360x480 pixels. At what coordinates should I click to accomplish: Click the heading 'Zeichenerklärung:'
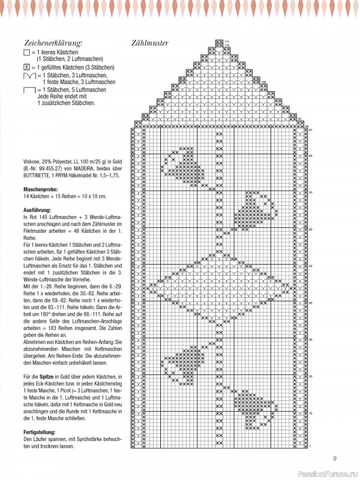[53, 43]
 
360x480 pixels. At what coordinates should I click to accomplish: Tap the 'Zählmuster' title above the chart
[149, 43]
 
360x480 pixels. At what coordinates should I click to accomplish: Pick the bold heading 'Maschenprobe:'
[40, 190]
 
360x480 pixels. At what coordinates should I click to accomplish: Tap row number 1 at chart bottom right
[310, 446]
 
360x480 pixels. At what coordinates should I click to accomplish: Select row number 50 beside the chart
[310, 266]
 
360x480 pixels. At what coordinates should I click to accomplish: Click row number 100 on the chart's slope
[265, 83]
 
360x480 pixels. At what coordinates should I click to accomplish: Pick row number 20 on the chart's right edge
[310, 376]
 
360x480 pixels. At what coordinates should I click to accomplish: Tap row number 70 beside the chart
[310, 193]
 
